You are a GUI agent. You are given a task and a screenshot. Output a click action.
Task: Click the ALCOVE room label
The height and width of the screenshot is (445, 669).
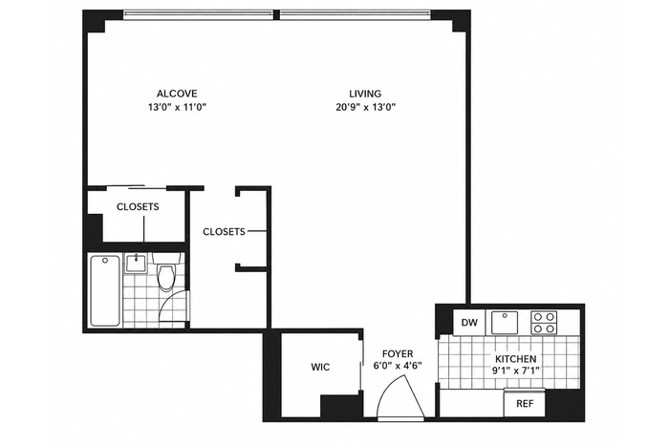(177, 94)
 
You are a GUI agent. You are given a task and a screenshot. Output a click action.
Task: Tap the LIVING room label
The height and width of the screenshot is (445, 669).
(365, 94)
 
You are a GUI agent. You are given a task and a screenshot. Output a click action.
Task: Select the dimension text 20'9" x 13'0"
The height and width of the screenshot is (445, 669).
(366, 107)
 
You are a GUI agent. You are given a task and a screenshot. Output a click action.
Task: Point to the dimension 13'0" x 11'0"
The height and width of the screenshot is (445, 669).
(177, 107)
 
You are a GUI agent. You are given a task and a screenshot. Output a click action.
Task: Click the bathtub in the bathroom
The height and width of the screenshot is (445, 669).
(105, 290)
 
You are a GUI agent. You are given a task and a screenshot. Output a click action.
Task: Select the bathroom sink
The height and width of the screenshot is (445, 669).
(136, 263)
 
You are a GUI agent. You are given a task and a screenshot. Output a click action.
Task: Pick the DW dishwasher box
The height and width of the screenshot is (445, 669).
(469, 322)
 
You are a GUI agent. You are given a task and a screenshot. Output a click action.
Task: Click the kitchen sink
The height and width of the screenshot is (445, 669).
(505, 322)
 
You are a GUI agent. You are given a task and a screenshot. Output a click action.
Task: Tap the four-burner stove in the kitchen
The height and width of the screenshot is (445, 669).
(544, 322)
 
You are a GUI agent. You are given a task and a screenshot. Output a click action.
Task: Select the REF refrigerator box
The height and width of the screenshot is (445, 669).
(525, 403)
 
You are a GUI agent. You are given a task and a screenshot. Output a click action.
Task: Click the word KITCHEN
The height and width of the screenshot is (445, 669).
(515, 358)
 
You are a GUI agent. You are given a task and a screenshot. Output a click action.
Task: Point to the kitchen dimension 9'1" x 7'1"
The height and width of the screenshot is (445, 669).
(515, 371)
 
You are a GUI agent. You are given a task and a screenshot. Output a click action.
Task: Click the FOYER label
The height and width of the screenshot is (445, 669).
(398, 353)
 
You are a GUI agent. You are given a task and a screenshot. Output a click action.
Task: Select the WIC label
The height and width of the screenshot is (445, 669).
(320, 367)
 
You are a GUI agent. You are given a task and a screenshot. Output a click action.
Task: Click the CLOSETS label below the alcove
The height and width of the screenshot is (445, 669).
(138, 206)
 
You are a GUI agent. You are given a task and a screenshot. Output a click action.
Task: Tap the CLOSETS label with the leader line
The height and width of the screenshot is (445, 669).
(224, 231)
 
